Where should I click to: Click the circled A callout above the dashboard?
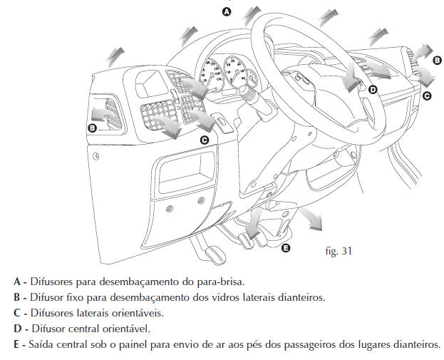click(227, 11)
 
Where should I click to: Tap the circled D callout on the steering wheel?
click(372, 89)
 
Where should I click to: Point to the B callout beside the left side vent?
click(92, 128)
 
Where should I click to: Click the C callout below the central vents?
click(205, 140)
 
